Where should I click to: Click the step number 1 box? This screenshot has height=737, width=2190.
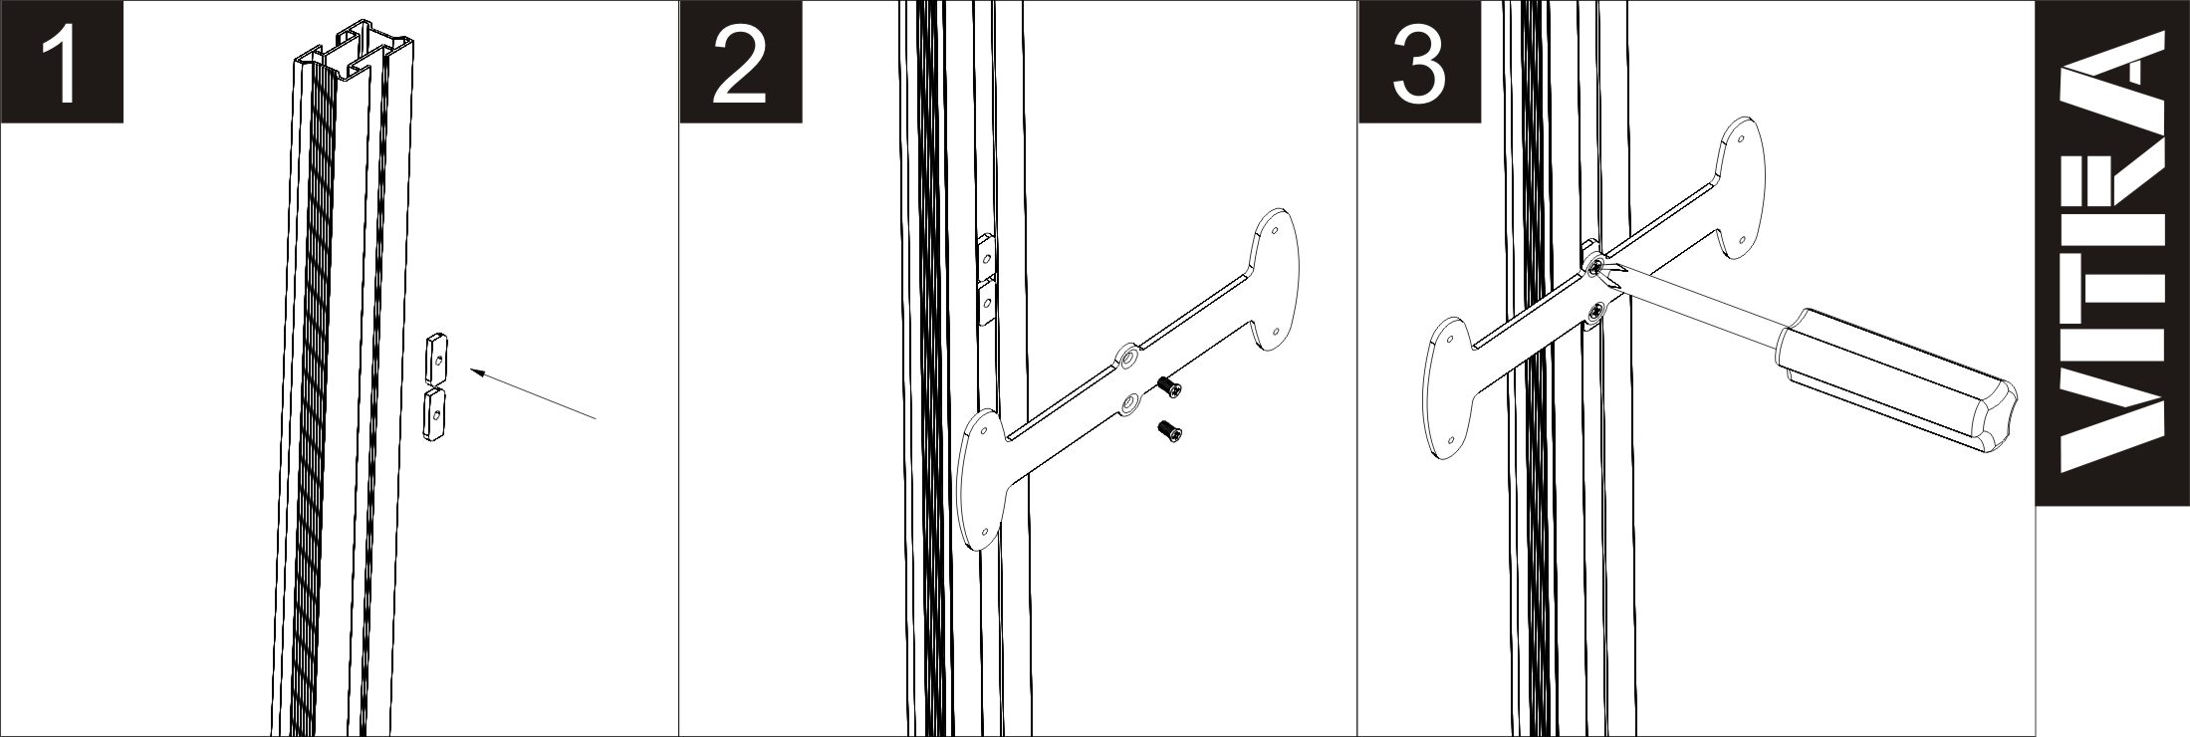[62, 62]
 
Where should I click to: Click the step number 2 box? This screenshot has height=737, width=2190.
[741, 62]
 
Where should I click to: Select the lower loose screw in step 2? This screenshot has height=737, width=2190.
[1168, 433]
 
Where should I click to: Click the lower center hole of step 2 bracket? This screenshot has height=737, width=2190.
[1129, 402]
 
